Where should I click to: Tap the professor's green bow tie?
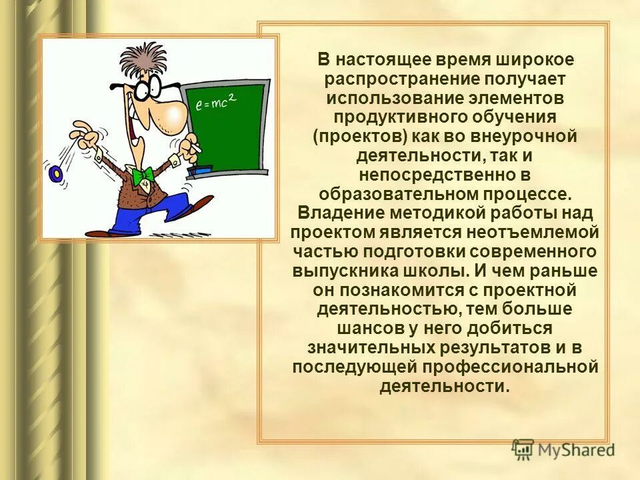pos(143,175)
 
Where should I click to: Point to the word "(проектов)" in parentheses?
pos(350,137)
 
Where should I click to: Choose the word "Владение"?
pos(331,213)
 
